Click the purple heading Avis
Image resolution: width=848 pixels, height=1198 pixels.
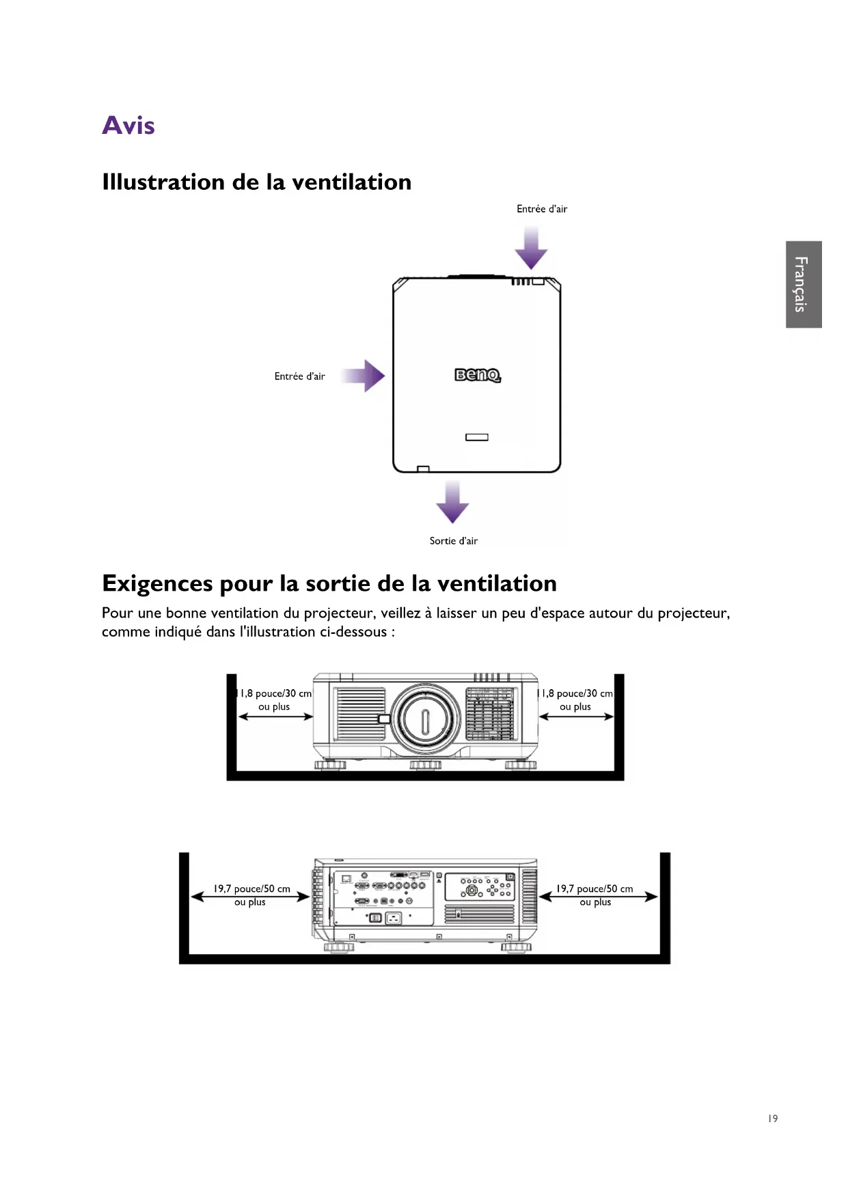(128, 126)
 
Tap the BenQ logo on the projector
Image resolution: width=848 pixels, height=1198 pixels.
(478, 375)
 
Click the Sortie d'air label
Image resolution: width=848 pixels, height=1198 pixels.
(453, 541)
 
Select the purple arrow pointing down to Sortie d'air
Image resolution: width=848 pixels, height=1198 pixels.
(452, 503)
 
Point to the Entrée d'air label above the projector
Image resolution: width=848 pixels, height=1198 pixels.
(542, 209)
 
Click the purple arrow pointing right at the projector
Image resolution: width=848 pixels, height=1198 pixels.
(365, 376)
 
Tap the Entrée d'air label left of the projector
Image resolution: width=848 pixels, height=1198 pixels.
(299, 376)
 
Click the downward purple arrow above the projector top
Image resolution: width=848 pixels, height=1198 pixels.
(531, 249)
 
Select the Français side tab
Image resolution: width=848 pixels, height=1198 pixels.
(803, 284)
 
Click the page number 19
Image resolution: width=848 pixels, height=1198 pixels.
(772, 1118)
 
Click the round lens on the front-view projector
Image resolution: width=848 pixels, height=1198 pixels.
(425, 719)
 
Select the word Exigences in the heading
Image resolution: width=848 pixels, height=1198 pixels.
(157, 584)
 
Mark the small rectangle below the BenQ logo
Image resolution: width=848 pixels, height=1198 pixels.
(477, 437)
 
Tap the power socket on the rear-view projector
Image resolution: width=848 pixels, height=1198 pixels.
(393, 919)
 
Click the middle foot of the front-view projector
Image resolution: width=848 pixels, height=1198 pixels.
(425, 765)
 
